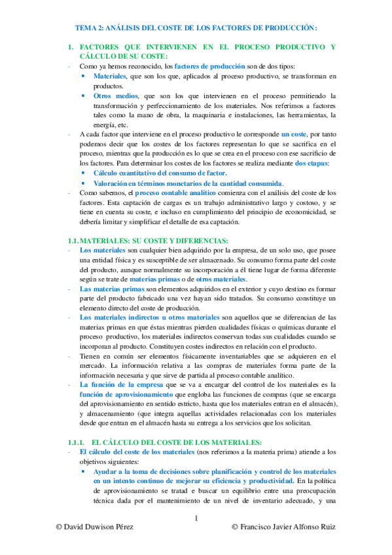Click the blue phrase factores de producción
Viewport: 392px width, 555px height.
click(205, 66)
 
